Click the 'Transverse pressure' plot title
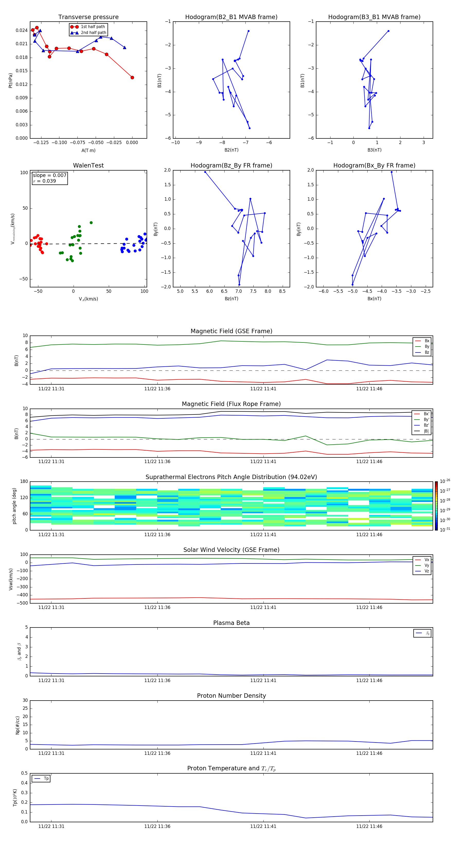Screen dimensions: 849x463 point(88,17)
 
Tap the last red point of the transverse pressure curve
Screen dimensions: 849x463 point(132,77)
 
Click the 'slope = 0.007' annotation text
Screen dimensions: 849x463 point(49,175)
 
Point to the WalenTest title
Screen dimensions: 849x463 point(88,165)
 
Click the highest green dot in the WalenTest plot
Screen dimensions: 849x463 point(91,223)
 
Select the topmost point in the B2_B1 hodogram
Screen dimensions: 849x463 point(248,31)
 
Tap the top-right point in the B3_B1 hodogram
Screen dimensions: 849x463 point(388,31)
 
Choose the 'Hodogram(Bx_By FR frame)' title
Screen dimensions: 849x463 point(374,165)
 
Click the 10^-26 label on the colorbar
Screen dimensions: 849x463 point(445,481)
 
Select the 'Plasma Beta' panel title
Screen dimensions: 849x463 point(231,623)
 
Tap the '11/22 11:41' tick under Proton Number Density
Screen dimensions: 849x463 point(263,753)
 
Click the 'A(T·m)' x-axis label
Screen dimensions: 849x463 point(88,150)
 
